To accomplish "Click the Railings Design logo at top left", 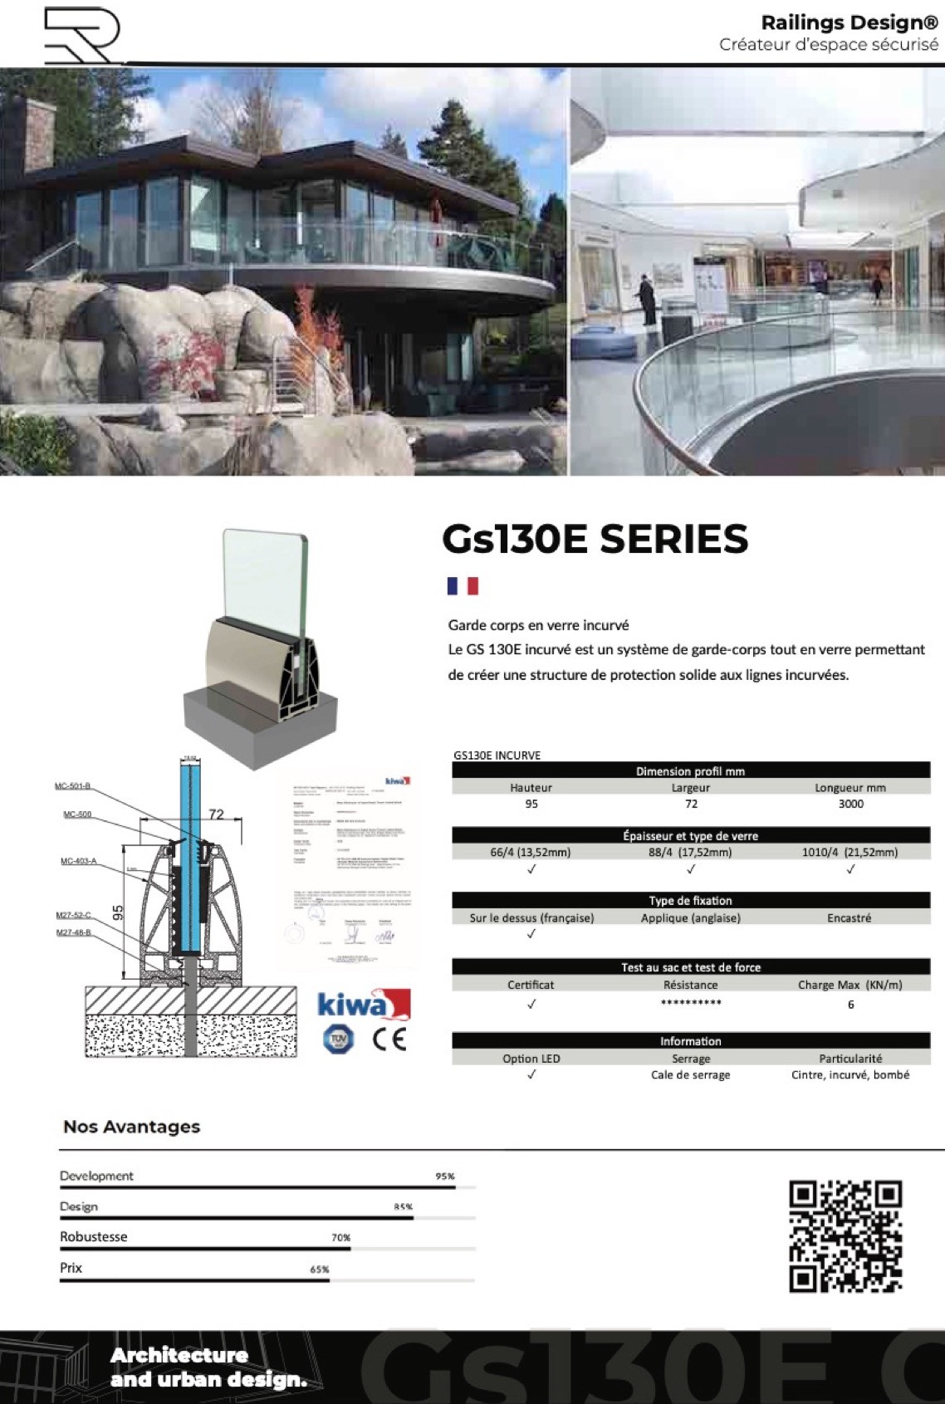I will [81, 36].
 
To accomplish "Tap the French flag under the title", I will [463, 586].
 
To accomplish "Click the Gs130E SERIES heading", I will [595, 539].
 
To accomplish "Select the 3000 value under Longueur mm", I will [850, 804].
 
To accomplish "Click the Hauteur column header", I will [531, 787].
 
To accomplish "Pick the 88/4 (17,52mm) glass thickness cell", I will [690, 852].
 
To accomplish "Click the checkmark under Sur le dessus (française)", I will [531, 934].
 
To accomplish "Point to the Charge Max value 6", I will [850, 1005].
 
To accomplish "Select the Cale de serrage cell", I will [690, 1074].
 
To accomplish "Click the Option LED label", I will [531, 1059].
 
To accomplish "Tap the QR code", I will [845, 1236].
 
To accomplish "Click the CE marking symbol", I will [389, 1039].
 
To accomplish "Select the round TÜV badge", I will [338, 1038].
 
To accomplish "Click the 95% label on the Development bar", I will [444, 1177].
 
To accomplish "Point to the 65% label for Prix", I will [320, 1269].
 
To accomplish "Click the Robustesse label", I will [94, 1237].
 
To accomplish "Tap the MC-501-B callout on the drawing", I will [73, 786].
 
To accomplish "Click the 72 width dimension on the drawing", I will [216, 815].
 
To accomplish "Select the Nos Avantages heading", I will [132, 1127].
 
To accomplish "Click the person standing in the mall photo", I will [647, 300].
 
